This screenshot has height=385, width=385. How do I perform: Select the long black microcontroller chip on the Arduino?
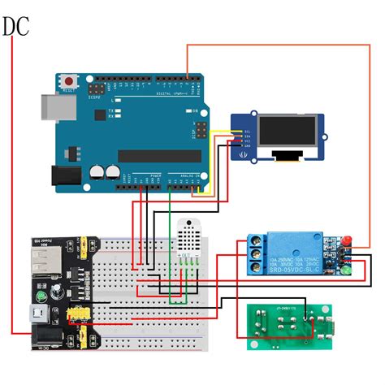tap(159, 155)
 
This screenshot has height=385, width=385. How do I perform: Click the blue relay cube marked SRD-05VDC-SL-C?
tap(300, 253)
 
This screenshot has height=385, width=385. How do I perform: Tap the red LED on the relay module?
tap(344, 241)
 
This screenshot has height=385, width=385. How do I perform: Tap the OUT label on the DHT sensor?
tap(186, 257)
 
